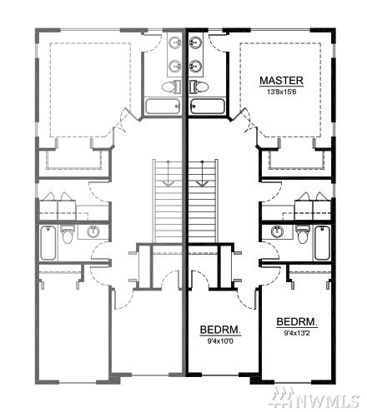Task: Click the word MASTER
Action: point(281,81)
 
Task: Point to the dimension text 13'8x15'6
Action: point(281,92)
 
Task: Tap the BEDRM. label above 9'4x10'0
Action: point(220,330)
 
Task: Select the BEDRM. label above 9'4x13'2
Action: point(297,322)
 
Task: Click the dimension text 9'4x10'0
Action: point(220,341)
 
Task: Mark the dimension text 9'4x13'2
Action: point(297,333)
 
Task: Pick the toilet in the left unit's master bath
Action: point(171,87)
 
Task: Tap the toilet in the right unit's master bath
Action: point(199,87)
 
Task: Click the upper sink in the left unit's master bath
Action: point(175,43)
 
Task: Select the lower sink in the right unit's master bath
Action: point(195,67)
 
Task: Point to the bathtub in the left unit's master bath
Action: point(163,107)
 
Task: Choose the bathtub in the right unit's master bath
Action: point(208,107)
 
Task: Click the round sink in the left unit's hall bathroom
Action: point(93,232)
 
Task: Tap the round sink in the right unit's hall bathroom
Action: point(277,232)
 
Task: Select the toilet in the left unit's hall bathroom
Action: point(68,234)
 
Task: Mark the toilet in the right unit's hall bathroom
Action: point(303,234)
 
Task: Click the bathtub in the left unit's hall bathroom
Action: point(48,243)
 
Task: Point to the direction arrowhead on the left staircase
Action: point(168,183)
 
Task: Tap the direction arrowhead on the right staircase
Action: point(202,183)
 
